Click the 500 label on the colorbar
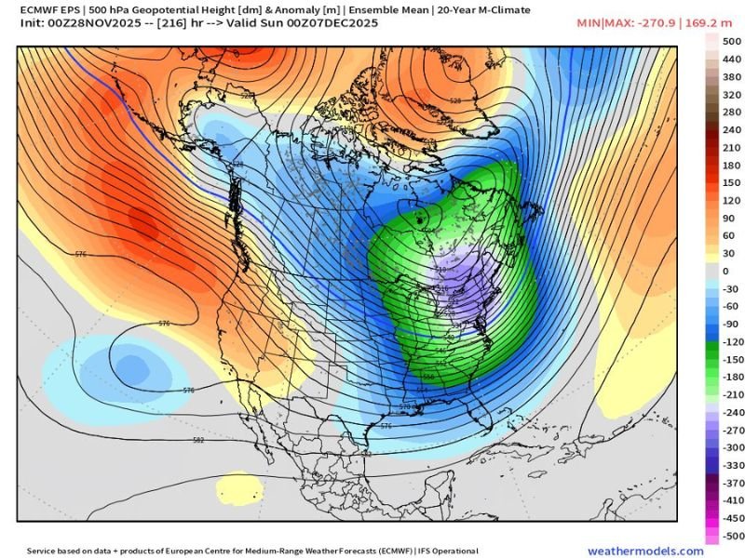[x=733, y=41]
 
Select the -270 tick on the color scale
[x=733, y=430]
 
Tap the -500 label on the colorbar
[x=733, y=536]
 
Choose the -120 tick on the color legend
[x=733, y=341]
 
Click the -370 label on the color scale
[x=733, y=483]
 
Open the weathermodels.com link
[x=644, y=551]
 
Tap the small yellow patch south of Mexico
[x=240, y=485]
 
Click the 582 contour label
[x=198, y=440]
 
